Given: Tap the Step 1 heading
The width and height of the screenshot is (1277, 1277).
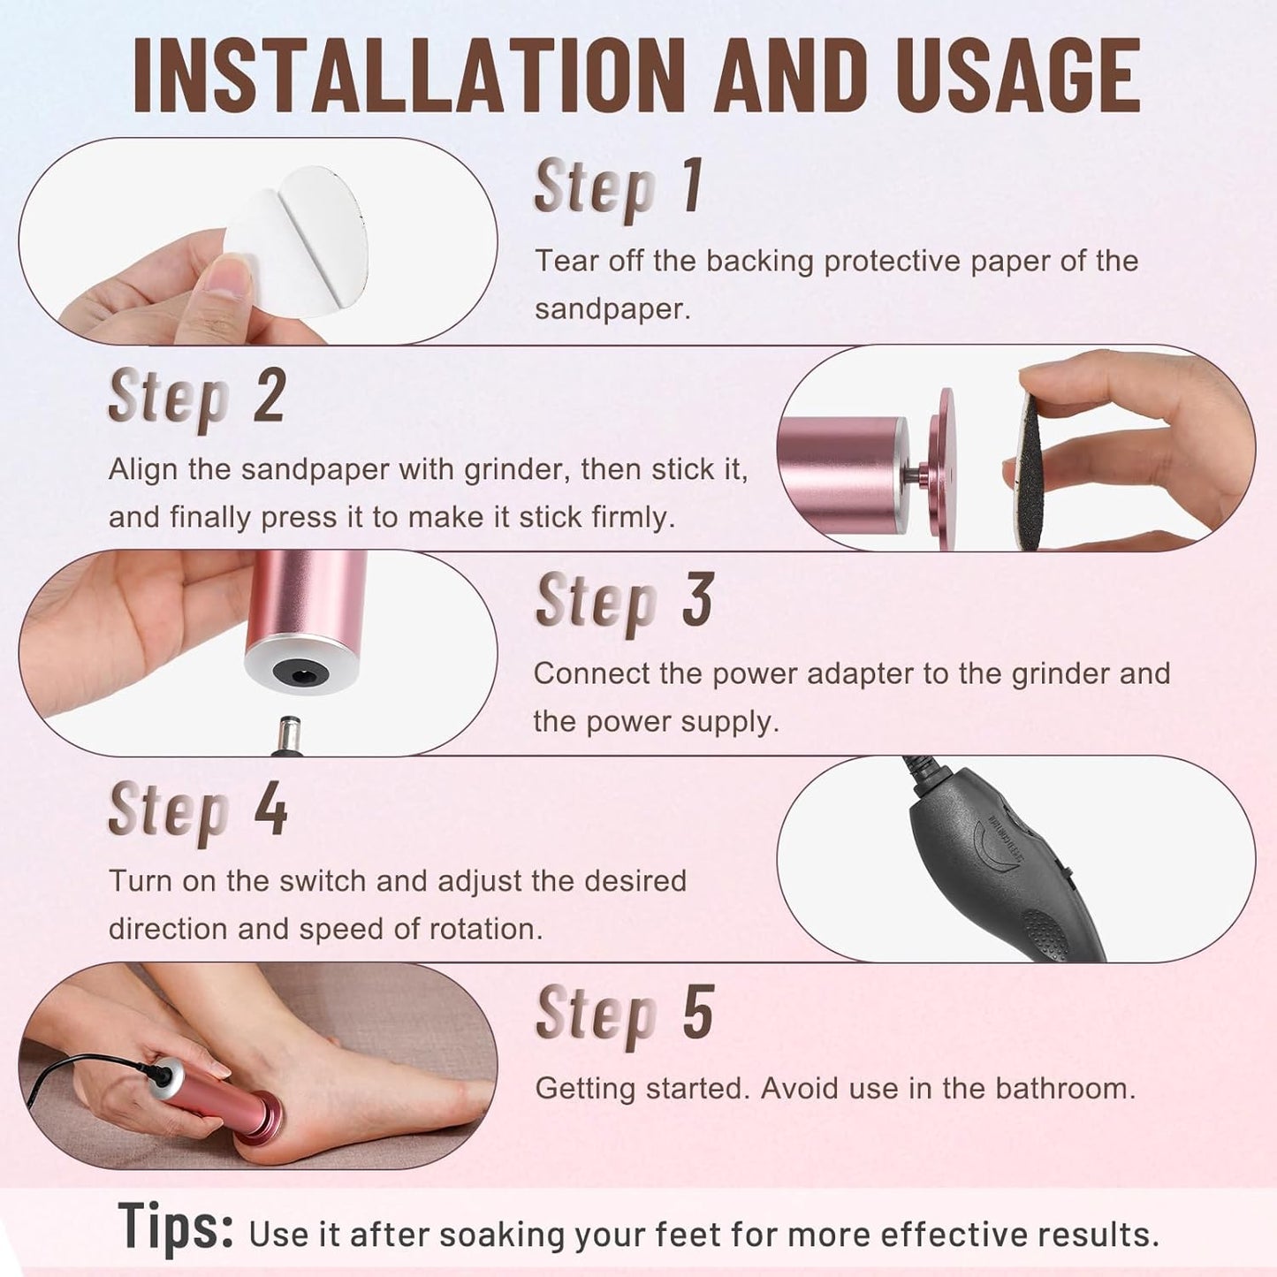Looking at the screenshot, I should (619, 186).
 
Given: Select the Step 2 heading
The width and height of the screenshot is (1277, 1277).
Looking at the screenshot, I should (196, 397).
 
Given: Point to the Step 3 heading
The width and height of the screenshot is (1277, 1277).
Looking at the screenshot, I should (624, 601).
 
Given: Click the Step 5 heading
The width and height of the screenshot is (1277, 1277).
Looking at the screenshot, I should (624, 1014).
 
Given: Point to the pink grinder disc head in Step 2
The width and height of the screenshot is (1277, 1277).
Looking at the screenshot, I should (946, 468).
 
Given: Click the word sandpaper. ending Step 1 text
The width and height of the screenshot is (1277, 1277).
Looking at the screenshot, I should (612, 309).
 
